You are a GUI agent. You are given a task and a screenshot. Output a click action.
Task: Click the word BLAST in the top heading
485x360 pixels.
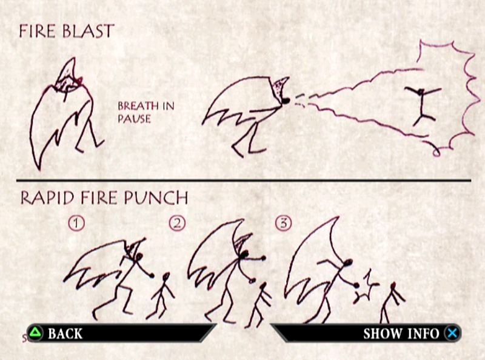click(x=89, y=32)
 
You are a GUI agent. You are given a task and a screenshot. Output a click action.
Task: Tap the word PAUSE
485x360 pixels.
click(x=134, y=119)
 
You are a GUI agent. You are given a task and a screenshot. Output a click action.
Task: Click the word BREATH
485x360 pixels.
click(x=136, y=106)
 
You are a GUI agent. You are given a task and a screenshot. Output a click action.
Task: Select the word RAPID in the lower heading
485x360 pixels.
click(x=49, y=198)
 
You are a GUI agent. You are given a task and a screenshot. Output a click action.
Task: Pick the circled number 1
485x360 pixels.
click(x=76, y=223)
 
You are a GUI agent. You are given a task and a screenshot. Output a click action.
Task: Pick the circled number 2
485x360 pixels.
click(x=178, y=222)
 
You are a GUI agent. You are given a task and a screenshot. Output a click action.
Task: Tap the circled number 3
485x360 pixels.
click(x=283, y=222)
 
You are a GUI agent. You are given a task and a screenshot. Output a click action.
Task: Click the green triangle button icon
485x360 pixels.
click(x=35, y=333)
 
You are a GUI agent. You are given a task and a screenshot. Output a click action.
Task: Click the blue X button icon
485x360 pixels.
click(x=452, y=333)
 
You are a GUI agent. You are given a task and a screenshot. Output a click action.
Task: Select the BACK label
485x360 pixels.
click(x=65, y=334)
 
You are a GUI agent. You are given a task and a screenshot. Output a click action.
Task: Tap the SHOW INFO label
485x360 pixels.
click(x=401, y=334)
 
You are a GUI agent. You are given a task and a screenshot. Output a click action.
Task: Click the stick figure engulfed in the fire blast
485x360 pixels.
click(x=421, y=106)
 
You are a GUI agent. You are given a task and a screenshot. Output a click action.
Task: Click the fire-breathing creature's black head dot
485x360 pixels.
click(x=286, y=101)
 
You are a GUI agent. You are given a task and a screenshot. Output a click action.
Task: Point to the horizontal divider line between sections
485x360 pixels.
click(x=244, y=180)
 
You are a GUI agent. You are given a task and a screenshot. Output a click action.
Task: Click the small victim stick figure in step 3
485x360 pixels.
click(x=392, y=302)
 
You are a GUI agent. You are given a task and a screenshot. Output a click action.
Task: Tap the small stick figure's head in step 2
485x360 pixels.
click(x=263, y=285)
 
